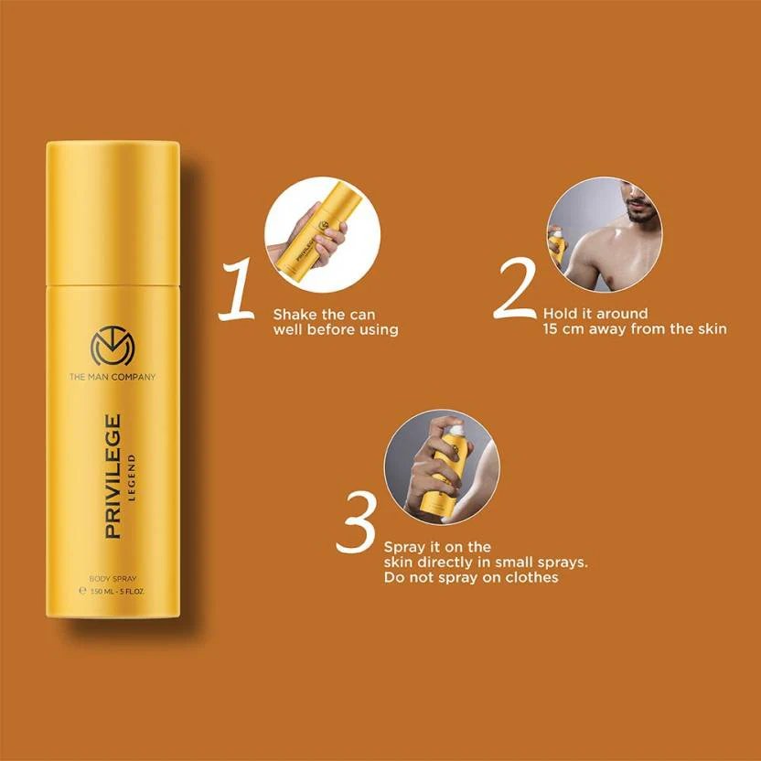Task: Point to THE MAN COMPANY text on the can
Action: pos(113,376)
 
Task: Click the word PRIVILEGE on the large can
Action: pos(113,476)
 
